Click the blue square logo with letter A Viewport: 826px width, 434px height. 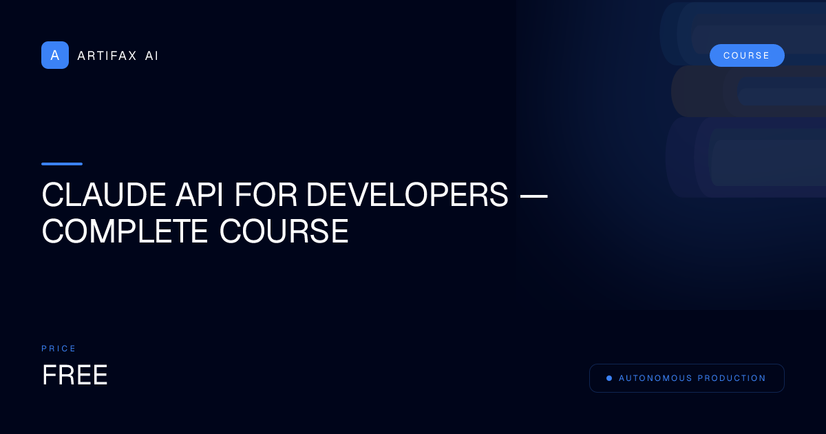55,55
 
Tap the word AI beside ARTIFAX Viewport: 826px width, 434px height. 151,56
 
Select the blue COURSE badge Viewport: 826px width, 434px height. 747,56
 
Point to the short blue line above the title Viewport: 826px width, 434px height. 62,164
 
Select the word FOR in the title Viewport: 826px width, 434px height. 266,196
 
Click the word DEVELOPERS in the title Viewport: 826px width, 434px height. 407,196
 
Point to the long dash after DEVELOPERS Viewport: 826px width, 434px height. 533,196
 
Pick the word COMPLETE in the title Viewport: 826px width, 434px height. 125,232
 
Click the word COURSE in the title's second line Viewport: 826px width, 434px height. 284,232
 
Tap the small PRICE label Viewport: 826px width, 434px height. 59,349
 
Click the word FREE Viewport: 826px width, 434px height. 75,375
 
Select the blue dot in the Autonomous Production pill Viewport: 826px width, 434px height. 609,378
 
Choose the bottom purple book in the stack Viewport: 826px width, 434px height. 743,158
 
